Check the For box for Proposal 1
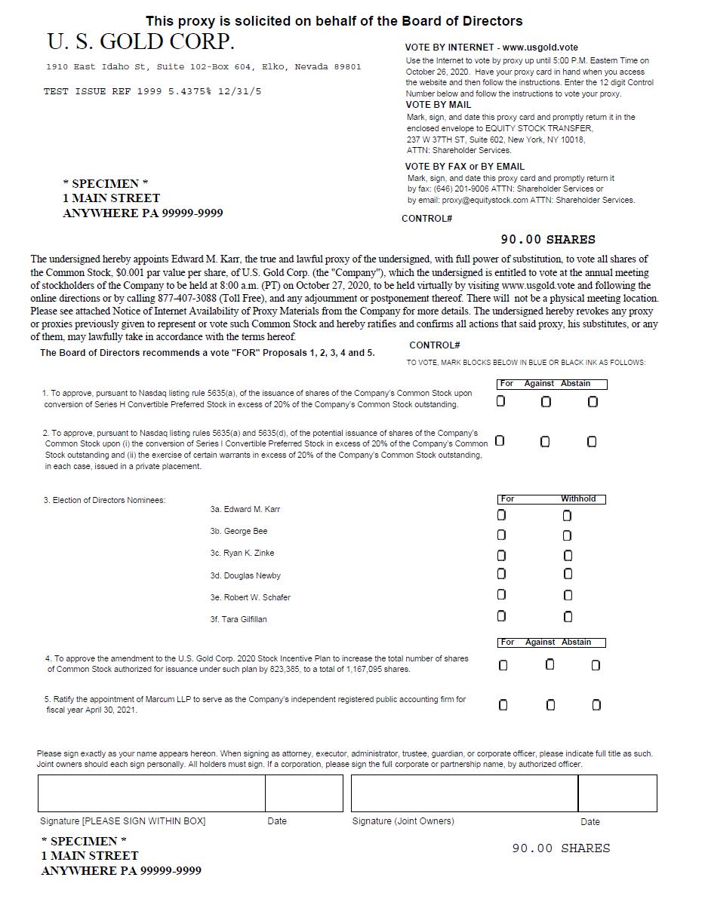500,401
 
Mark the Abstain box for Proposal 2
591,441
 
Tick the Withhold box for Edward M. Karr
567,516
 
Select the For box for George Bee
501,535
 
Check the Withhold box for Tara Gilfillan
568,617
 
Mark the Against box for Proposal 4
550,664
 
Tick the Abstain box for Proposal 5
596,705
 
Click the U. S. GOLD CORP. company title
140,41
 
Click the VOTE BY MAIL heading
438,105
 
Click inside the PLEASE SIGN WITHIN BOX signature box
151,793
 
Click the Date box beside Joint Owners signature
617,793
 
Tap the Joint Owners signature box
463,793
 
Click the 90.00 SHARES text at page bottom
561,848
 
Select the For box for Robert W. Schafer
501,595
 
